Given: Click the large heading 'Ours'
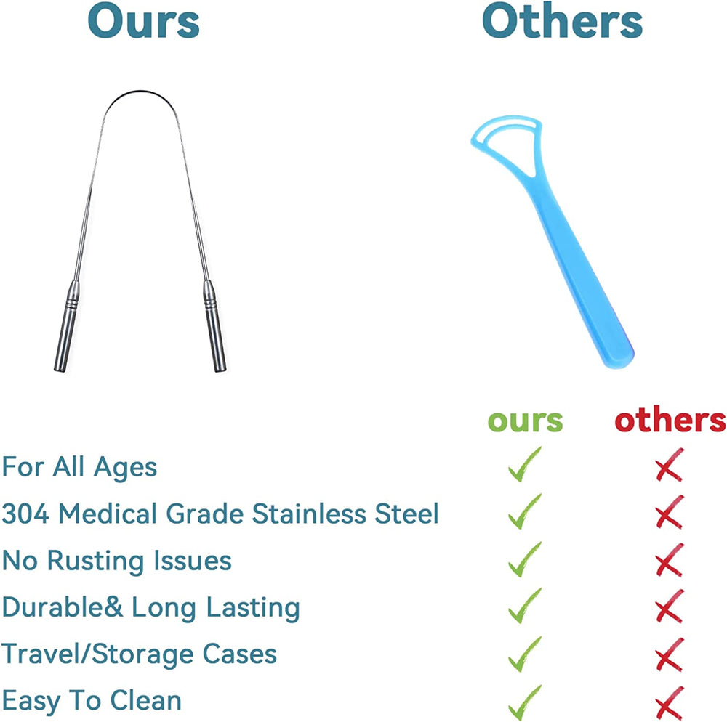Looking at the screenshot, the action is (144, 21).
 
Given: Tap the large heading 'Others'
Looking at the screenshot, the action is (563, 21).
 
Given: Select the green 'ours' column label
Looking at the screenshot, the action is (526, 421).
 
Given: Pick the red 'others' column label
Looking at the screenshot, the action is (670, 420).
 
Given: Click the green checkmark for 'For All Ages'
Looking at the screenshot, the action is (524, 465).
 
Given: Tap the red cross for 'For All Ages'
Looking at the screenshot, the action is (670, 465).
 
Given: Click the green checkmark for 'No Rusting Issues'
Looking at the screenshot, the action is (524, 559).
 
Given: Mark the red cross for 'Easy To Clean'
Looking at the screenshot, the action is (670, 703).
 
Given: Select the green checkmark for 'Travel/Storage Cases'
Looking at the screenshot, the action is (524, 654).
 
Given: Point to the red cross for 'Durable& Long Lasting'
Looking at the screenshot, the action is (670, 607).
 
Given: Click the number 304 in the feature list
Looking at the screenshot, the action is (25, 514).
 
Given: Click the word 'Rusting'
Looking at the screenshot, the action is (96, 561).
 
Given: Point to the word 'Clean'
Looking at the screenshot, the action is (145, 700).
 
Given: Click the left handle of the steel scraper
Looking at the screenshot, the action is (67, 326).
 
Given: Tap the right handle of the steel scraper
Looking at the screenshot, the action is (214, 326).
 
